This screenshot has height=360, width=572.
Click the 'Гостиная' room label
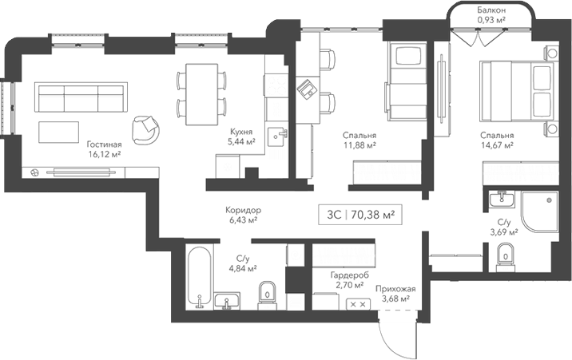click(x=104, y=144)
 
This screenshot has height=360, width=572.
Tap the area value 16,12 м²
click(x=104, y=155)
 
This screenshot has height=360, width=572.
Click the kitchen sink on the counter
click(x=278, y=135)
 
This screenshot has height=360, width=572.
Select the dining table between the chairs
click(x=200, y=94)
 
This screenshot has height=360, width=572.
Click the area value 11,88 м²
click(x=359, y=145)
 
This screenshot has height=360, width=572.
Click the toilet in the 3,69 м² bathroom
click(x=504, y=256)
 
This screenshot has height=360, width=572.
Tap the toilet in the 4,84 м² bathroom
click(x=268, y=295)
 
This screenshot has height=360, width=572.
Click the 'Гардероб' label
click(x=348, y=274)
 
